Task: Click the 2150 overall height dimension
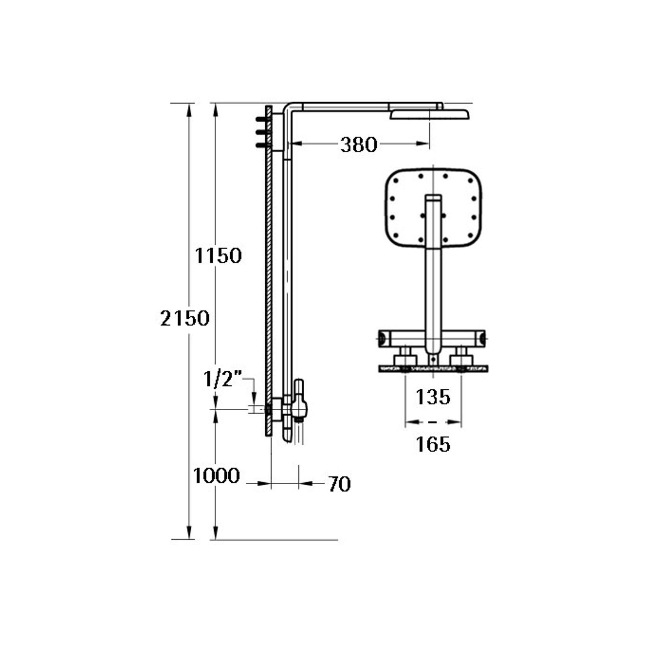pos(185,318)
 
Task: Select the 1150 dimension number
pos(218,256)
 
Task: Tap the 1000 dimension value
pos(216,476)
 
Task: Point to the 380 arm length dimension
pos(358,145)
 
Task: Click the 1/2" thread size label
pos(222,379)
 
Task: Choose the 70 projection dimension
pos(339,484)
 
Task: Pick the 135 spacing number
pos(432,397)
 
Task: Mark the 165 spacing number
pos(432,444)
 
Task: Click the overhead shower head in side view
pos(429,114)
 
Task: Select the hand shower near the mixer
pos(299,401)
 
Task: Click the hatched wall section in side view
pos(268,273)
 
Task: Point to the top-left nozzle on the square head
pos(397,181)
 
